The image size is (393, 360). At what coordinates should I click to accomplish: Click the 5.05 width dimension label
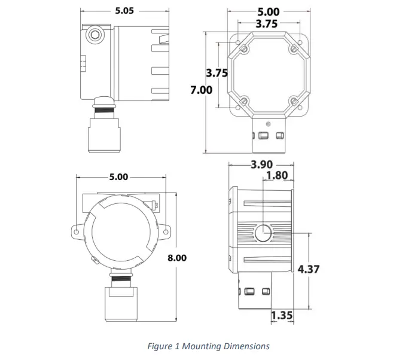coord(125,10)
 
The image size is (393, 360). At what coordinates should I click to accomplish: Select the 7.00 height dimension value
coord(201,90)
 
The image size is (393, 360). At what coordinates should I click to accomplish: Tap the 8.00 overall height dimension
coord(177,258)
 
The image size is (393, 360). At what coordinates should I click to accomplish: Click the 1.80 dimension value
coord(276,175)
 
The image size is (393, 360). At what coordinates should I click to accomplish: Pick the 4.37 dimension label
coord(309,269)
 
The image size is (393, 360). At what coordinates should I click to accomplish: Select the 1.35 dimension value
coord(282,315)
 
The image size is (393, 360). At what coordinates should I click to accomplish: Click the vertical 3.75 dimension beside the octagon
coord(217,73)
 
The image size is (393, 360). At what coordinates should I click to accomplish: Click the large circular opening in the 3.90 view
coord(263,233)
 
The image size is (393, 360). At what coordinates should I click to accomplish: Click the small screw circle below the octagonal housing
coord(267,124)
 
